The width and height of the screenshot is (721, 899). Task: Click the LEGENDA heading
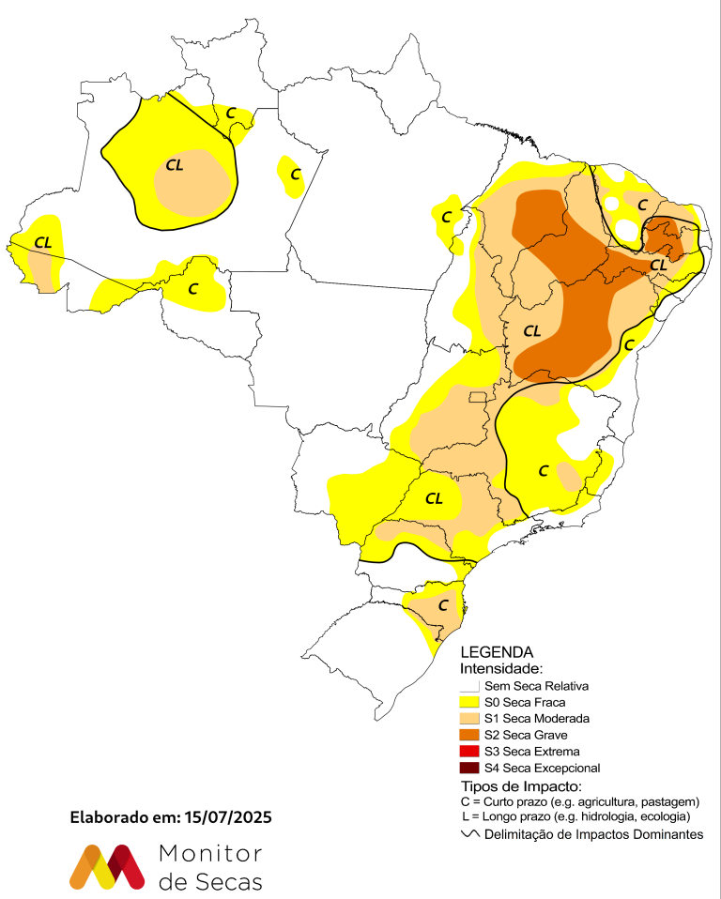point(497,652)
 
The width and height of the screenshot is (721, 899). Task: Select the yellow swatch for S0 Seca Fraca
point(468,702)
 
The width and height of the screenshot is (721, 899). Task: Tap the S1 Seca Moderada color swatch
point(468,718)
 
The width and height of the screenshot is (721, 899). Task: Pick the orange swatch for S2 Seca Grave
point(468,735)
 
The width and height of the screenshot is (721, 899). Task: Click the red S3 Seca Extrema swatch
point(468,751)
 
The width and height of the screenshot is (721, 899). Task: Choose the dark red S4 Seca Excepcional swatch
point(468,768)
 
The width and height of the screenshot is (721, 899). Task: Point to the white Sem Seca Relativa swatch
point(468,686)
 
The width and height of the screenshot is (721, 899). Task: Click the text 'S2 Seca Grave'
point(526,735)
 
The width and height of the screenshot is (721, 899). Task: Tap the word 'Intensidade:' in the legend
point(501,669)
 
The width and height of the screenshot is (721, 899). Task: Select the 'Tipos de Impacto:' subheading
point(521,785)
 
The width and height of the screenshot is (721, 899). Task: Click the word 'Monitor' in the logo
point(210,853)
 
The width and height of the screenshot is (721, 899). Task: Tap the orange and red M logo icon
point(107,866)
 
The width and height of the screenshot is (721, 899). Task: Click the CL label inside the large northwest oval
point(175,165)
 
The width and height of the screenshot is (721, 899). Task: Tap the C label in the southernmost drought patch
point(442,605)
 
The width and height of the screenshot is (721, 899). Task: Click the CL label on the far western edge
point(42,242)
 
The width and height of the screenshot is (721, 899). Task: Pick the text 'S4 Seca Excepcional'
point(542,768)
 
